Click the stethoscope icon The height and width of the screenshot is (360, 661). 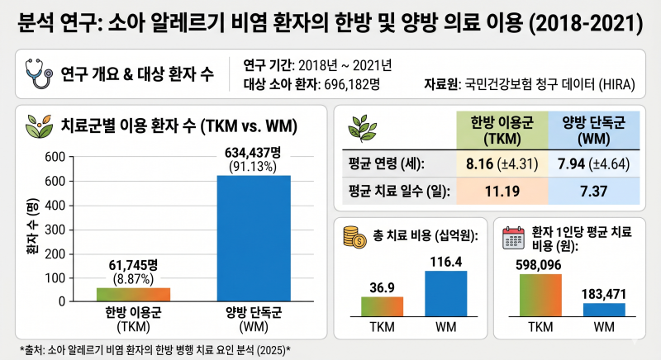38,73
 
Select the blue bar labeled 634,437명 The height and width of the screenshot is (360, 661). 254,239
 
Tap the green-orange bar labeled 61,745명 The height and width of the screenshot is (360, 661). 133,295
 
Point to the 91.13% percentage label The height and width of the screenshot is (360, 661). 253,167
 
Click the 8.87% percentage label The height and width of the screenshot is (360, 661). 133,279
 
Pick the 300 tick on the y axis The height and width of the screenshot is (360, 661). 55,230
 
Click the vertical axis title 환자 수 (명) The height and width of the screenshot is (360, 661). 32,226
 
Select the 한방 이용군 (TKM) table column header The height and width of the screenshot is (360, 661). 502,130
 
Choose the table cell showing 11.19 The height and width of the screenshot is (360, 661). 502,192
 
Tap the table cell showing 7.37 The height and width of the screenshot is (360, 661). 593,192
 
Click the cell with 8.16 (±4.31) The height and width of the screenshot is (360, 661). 502,163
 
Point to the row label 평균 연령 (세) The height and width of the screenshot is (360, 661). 386,163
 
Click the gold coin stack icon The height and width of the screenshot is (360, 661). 354,237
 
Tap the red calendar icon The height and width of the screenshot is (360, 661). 513,238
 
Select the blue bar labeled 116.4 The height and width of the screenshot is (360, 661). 446,293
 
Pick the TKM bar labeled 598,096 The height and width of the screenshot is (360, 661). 540,295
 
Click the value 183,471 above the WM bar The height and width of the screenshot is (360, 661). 604,294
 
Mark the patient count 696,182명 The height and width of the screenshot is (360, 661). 352,84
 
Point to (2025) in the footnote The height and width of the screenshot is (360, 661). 271,350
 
